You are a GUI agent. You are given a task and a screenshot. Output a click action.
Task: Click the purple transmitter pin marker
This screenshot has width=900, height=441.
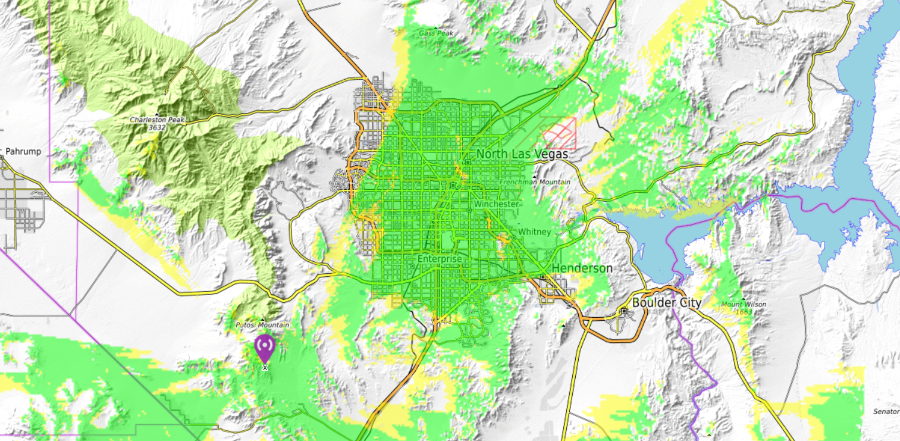pyautogui.click(x=265, y=348)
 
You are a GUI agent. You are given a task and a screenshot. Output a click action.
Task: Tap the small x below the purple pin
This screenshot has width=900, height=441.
pyautogui.click(x=265, y=368)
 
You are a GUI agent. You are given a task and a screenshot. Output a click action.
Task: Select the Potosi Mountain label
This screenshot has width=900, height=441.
pyautogui.click(x=262, y=325)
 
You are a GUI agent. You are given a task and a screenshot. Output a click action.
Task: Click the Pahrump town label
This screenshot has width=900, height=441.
pyautogui.click(x=24, y=151)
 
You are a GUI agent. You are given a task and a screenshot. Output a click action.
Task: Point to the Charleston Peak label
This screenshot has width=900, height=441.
pyautogui.click(x=158, y=120)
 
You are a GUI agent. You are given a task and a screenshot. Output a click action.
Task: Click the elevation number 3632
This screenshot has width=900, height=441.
pyautogui.click(x=157, y=127)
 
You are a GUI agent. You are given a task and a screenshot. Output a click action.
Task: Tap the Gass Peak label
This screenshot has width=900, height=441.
pyautogui.click(x=436, y=33)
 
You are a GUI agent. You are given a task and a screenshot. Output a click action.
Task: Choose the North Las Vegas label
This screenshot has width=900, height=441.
pyautogui.click(x=522, y=154)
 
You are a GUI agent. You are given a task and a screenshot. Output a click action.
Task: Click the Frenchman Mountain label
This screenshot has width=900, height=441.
pyautogui.click(x=535, y=182)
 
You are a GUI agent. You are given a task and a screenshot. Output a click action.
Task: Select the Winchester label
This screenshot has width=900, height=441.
pyautogui.click(x=496, y=204)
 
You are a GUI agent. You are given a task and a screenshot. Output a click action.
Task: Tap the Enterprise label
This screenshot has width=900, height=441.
pyautogui.click(x=439, y=259)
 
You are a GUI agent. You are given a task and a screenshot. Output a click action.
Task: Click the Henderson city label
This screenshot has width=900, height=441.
pyautogui.click(x=582, y=268)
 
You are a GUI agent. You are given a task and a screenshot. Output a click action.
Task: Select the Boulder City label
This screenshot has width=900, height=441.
pyautogui.click(x=666, y=302)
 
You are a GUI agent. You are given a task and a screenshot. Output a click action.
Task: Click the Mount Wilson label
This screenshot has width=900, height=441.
pyautogui.click(x=744, y=305)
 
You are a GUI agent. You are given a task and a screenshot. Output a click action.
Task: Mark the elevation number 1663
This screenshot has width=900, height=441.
pyautogui.click(x=744, y=312)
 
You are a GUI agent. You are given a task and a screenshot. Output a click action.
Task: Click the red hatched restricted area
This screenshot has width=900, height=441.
pyautogui.click(x=560, y=133)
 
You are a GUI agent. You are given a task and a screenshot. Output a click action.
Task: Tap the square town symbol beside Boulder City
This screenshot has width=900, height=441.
pyautogui.click(x=624, y=310)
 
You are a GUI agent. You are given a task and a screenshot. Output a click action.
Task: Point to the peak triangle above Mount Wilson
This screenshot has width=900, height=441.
pyautogui.click(x=744, y=298)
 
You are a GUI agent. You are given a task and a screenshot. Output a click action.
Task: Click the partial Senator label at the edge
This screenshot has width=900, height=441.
pyautogui.click(x=886, y=412)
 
